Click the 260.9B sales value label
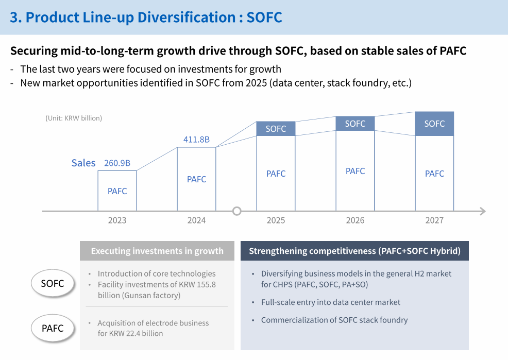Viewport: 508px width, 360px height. [x=117, y=163]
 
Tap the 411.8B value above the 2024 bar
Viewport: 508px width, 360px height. [x=196, y=140]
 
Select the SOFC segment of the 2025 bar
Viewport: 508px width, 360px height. [x=276, y=129]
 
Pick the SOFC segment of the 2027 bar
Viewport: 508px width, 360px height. [x=434, y=124]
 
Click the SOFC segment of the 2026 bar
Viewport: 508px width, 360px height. [x=355, y=124]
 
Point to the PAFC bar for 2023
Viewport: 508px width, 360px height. [x=117, y=191]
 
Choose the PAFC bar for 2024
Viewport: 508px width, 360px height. [x=196, y=179]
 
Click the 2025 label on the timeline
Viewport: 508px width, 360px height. [x=276, y=220]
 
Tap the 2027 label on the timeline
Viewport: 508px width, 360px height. [x=434, y=220]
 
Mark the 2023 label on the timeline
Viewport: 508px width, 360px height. [x=117, y=220]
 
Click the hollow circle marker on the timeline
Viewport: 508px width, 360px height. [x=237, y=211]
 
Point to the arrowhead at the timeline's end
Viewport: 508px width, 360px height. [x=482, y=211]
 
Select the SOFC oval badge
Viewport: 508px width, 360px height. [x=53, y=283]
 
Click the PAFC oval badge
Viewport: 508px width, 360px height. [x=53, y=328]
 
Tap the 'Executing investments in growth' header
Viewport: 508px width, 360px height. [x=157, y=251]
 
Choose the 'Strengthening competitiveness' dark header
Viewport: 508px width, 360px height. [x=354, y=251]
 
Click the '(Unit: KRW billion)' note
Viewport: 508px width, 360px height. [x=74, y=118]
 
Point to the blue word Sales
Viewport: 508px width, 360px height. [x=83, y=163]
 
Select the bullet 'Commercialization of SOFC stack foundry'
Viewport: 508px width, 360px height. [x=334, y=320]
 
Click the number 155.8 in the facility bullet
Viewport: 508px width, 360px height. [x=206, y=284]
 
